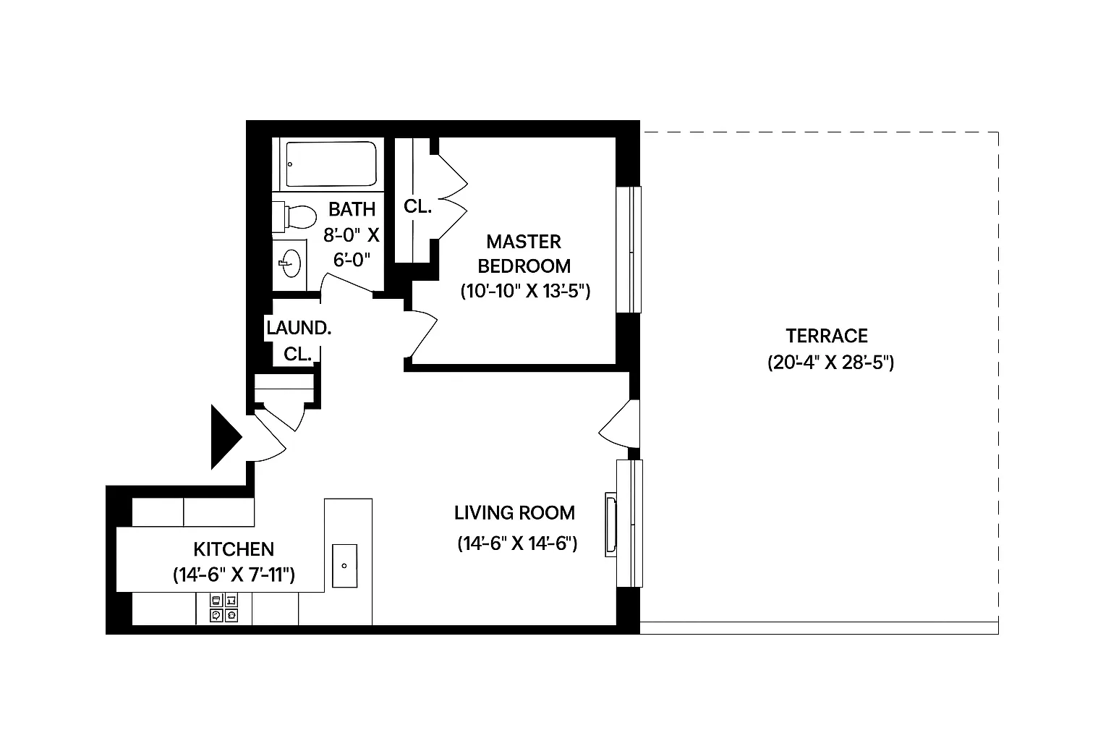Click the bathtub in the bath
[x=331, y=164]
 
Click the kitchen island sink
[x=345, y=565]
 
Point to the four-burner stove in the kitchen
[x=224, y=608]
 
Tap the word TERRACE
[x=827, y=336]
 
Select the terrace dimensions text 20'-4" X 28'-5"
[x=830, y=363]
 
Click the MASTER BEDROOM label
[x=524, y=253]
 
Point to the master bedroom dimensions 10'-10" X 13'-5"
[x=526, y=292]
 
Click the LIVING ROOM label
[x=514, y=513]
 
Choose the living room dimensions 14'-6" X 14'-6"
[x=516, y=543]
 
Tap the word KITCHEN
[x=234, y=549]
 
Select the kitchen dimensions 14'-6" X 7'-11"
[x=234, y=575]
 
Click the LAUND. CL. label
[x=298, y=341]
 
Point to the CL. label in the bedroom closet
[x=417, y=206]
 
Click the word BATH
[x=352, y=209]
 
